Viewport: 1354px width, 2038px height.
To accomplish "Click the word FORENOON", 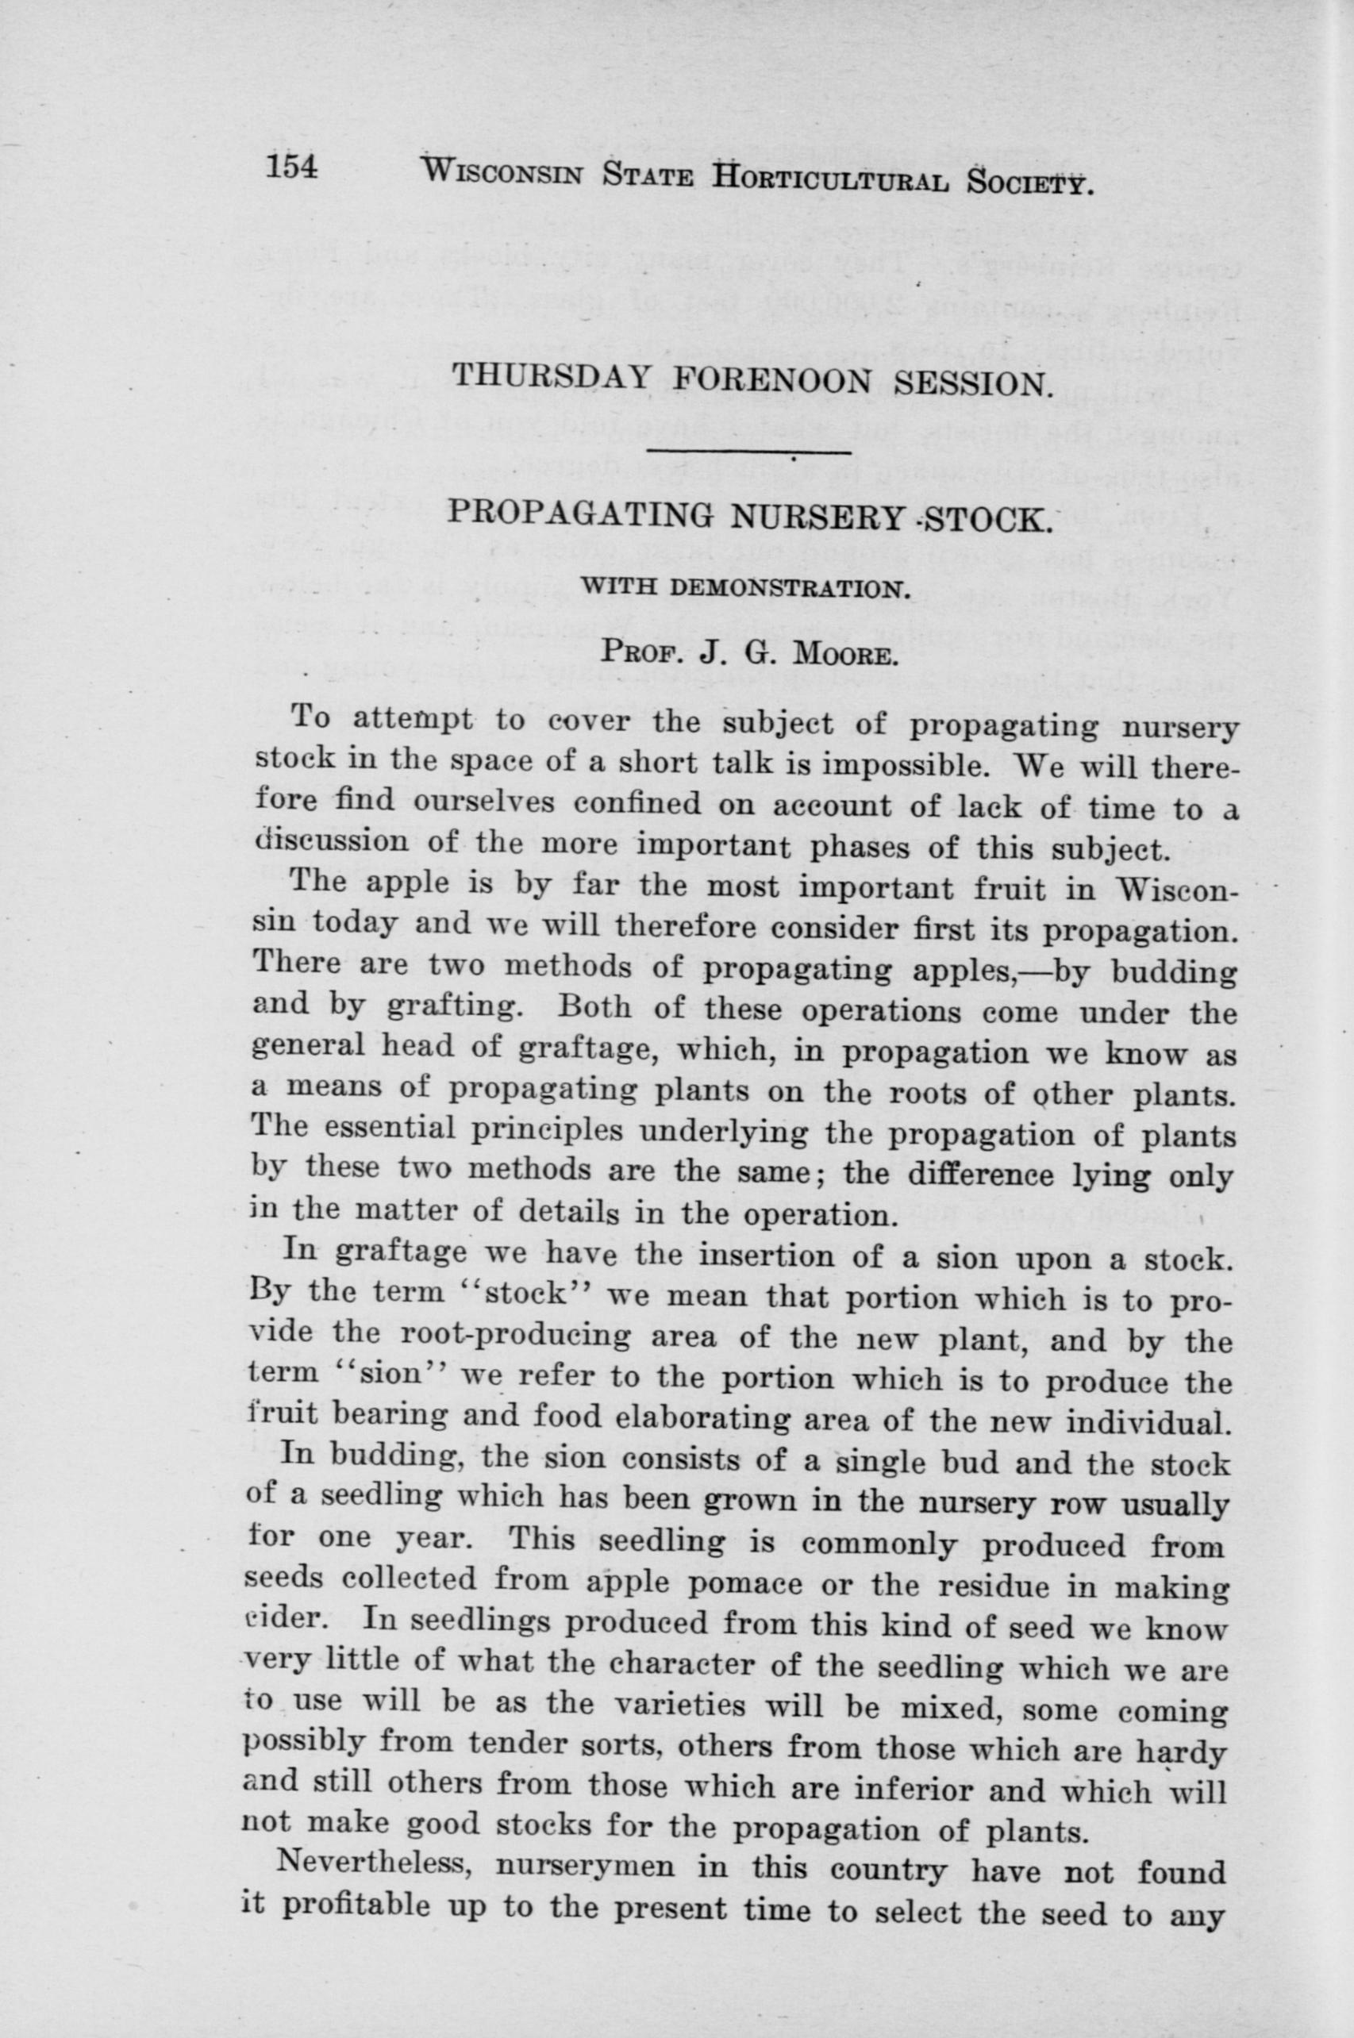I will click(772, 381).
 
